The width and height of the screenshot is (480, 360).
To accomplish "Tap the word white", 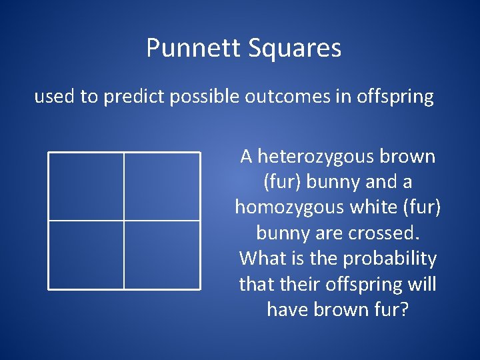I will point(380,207).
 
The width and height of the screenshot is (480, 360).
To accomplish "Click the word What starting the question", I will point(262,258).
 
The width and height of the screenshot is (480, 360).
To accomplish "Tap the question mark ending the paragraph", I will point(403,309).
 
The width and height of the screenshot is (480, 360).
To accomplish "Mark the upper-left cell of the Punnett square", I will point(86,186).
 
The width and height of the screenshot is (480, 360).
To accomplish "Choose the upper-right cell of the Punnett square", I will point(162,186).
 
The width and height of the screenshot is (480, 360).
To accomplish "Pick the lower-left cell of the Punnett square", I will point(86,255).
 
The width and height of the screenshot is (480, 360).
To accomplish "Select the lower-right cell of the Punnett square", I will point(162,255).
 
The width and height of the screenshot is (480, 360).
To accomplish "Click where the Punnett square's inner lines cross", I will point(124,220).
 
